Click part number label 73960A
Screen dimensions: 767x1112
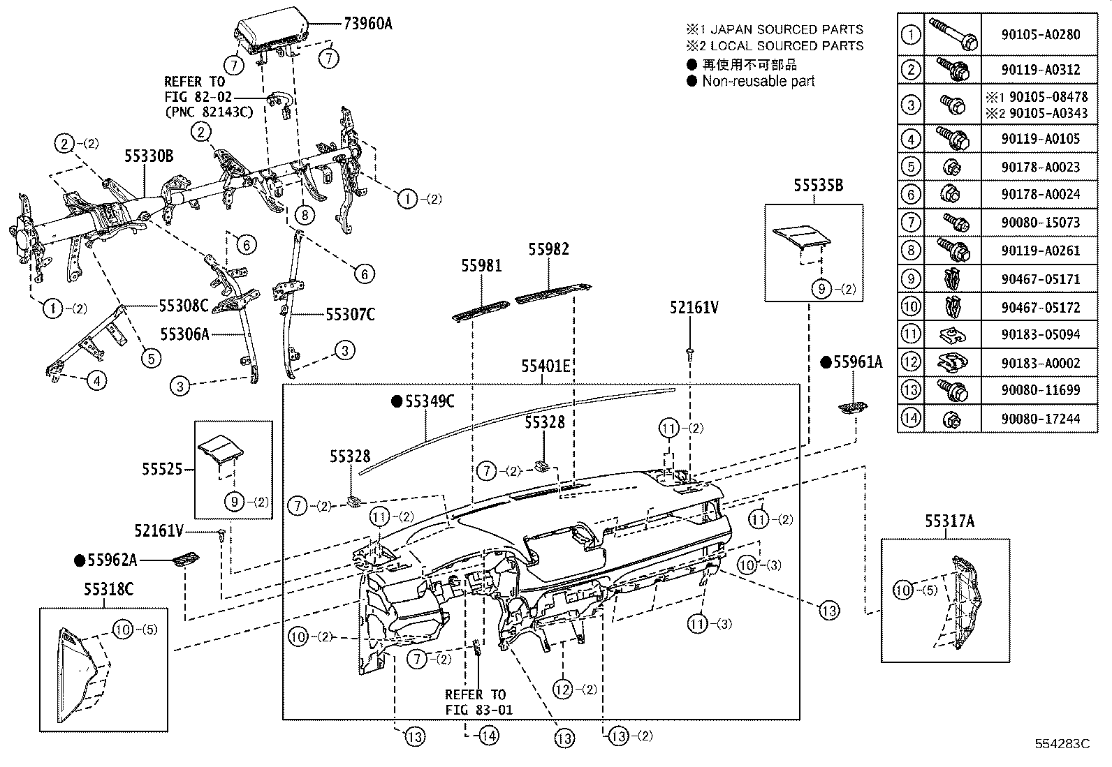(x=367, y=24)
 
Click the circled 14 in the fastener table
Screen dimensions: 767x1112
(x=910, y=419)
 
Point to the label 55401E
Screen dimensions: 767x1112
(x=546, y=366)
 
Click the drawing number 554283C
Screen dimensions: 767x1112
(x=1062, y=744)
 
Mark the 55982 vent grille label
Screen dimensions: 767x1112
(x=548, y=249)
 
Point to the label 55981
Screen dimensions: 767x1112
(x=481, y=266)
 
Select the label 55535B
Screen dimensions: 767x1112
(x=818, y=186)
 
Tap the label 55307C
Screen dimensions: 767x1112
(x=350, y=315)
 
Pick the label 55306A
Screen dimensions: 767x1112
(x=184, y=334)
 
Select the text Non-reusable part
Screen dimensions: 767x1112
(x=759, y=81)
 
